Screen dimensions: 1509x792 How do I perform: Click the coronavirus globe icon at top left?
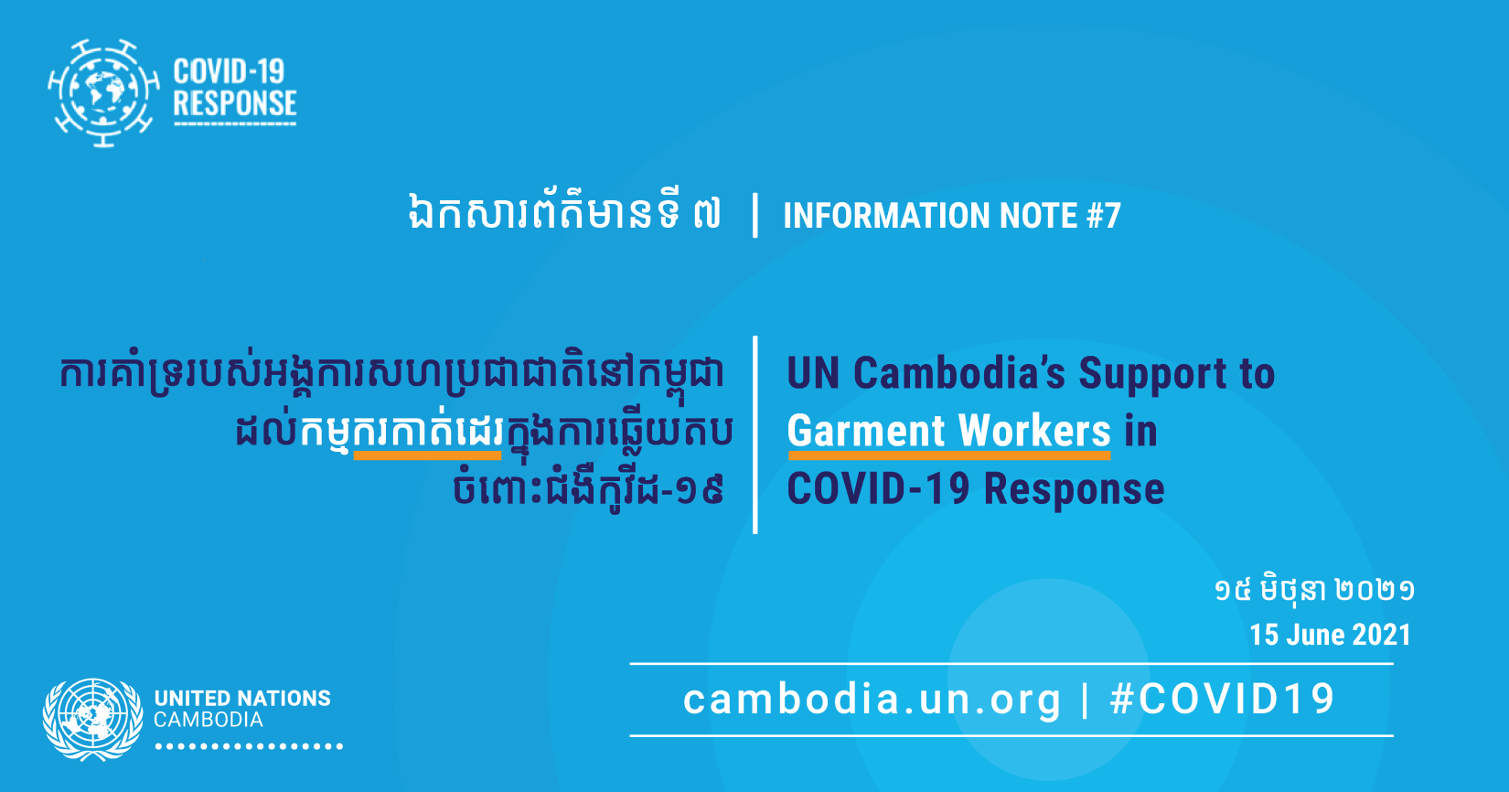tap(103, 93)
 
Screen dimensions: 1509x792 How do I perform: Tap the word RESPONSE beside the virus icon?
tap(235, 103)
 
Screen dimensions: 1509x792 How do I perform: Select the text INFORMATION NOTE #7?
tap(952, 216)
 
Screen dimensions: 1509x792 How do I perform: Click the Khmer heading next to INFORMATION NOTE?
tap(564, 214)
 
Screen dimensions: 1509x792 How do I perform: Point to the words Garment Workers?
tap(948, 431)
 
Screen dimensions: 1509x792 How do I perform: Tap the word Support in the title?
tap(1152, 376)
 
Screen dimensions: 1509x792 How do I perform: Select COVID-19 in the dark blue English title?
tap(879, 488)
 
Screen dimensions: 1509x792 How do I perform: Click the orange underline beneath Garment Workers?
tap(949, 456)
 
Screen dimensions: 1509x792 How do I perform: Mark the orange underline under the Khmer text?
tap(427, 456)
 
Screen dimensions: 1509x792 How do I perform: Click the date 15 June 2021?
tap(1330, 635)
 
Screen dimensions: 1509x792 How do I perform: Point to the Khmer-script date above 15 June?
tap(1314, 591)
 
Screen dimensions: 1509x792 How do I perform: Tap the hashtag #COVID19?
tap(1222, 699)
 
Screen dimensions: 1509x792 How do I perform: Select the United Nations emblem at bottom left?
tap(93, 719)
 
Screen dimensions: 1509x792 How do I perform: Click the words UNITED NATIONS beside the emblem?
tap(242, 699)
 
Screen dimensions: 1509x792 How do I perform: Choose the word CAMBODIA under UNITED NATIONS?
tap(209, 720)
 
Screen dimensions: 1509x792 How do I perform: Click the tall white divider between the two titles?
tap(755, 434)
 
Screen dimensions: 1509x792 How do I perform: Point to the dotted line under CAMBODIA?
tap(249, 746)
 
